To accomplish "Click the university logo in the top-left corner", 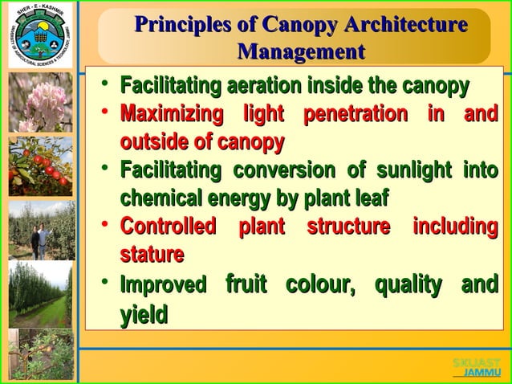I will tap(38, 36).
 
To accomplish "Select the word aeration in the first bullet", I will tap(264, 85).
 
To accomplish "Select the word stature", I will tap(152, 255).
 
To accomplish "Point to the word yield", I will tap(144, 314).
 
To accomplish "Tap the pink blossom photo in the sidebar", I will tap(41, 102).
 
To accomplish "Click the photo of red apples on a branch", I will tap(40, 166).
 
